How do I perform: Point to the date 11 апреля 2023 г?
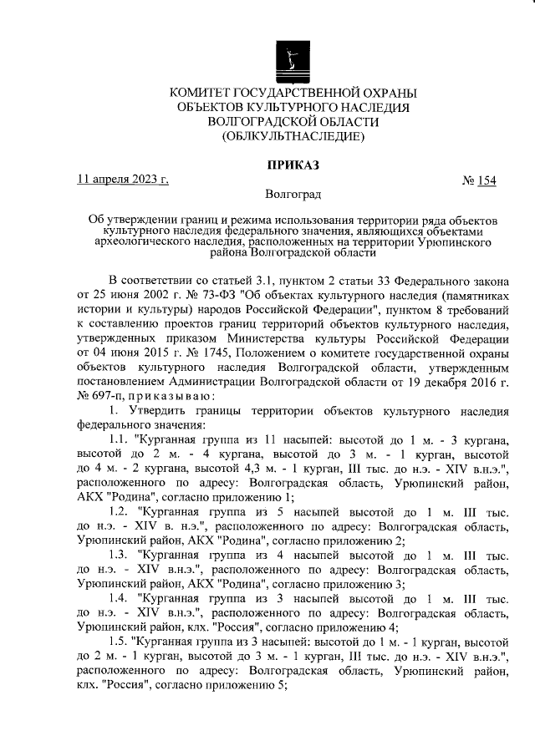pos(122,180)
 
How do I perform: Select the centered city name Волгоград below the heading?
pos(292,195)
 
